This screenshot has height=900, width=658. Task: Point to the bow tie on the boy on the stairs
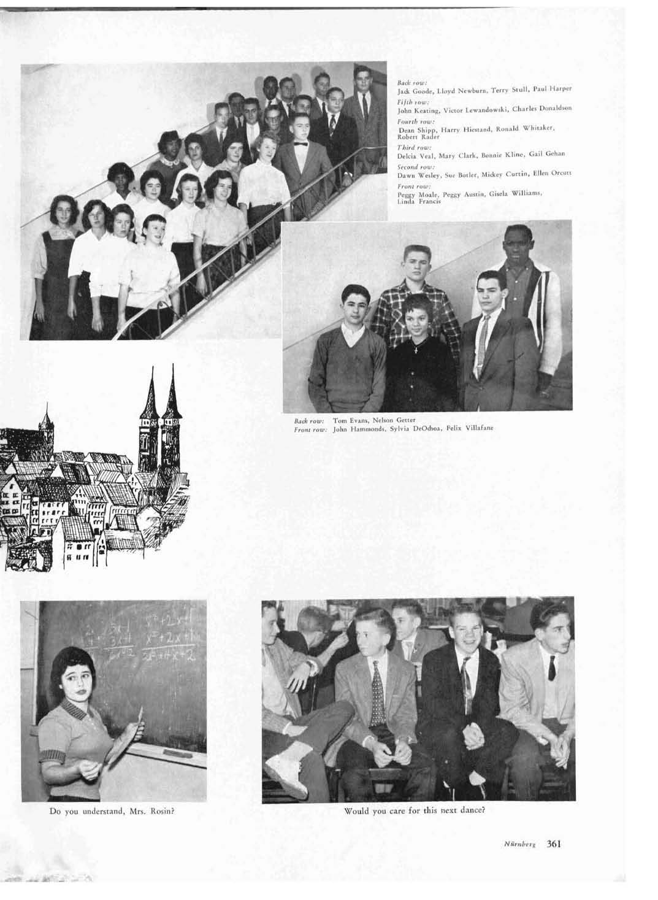300,144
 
